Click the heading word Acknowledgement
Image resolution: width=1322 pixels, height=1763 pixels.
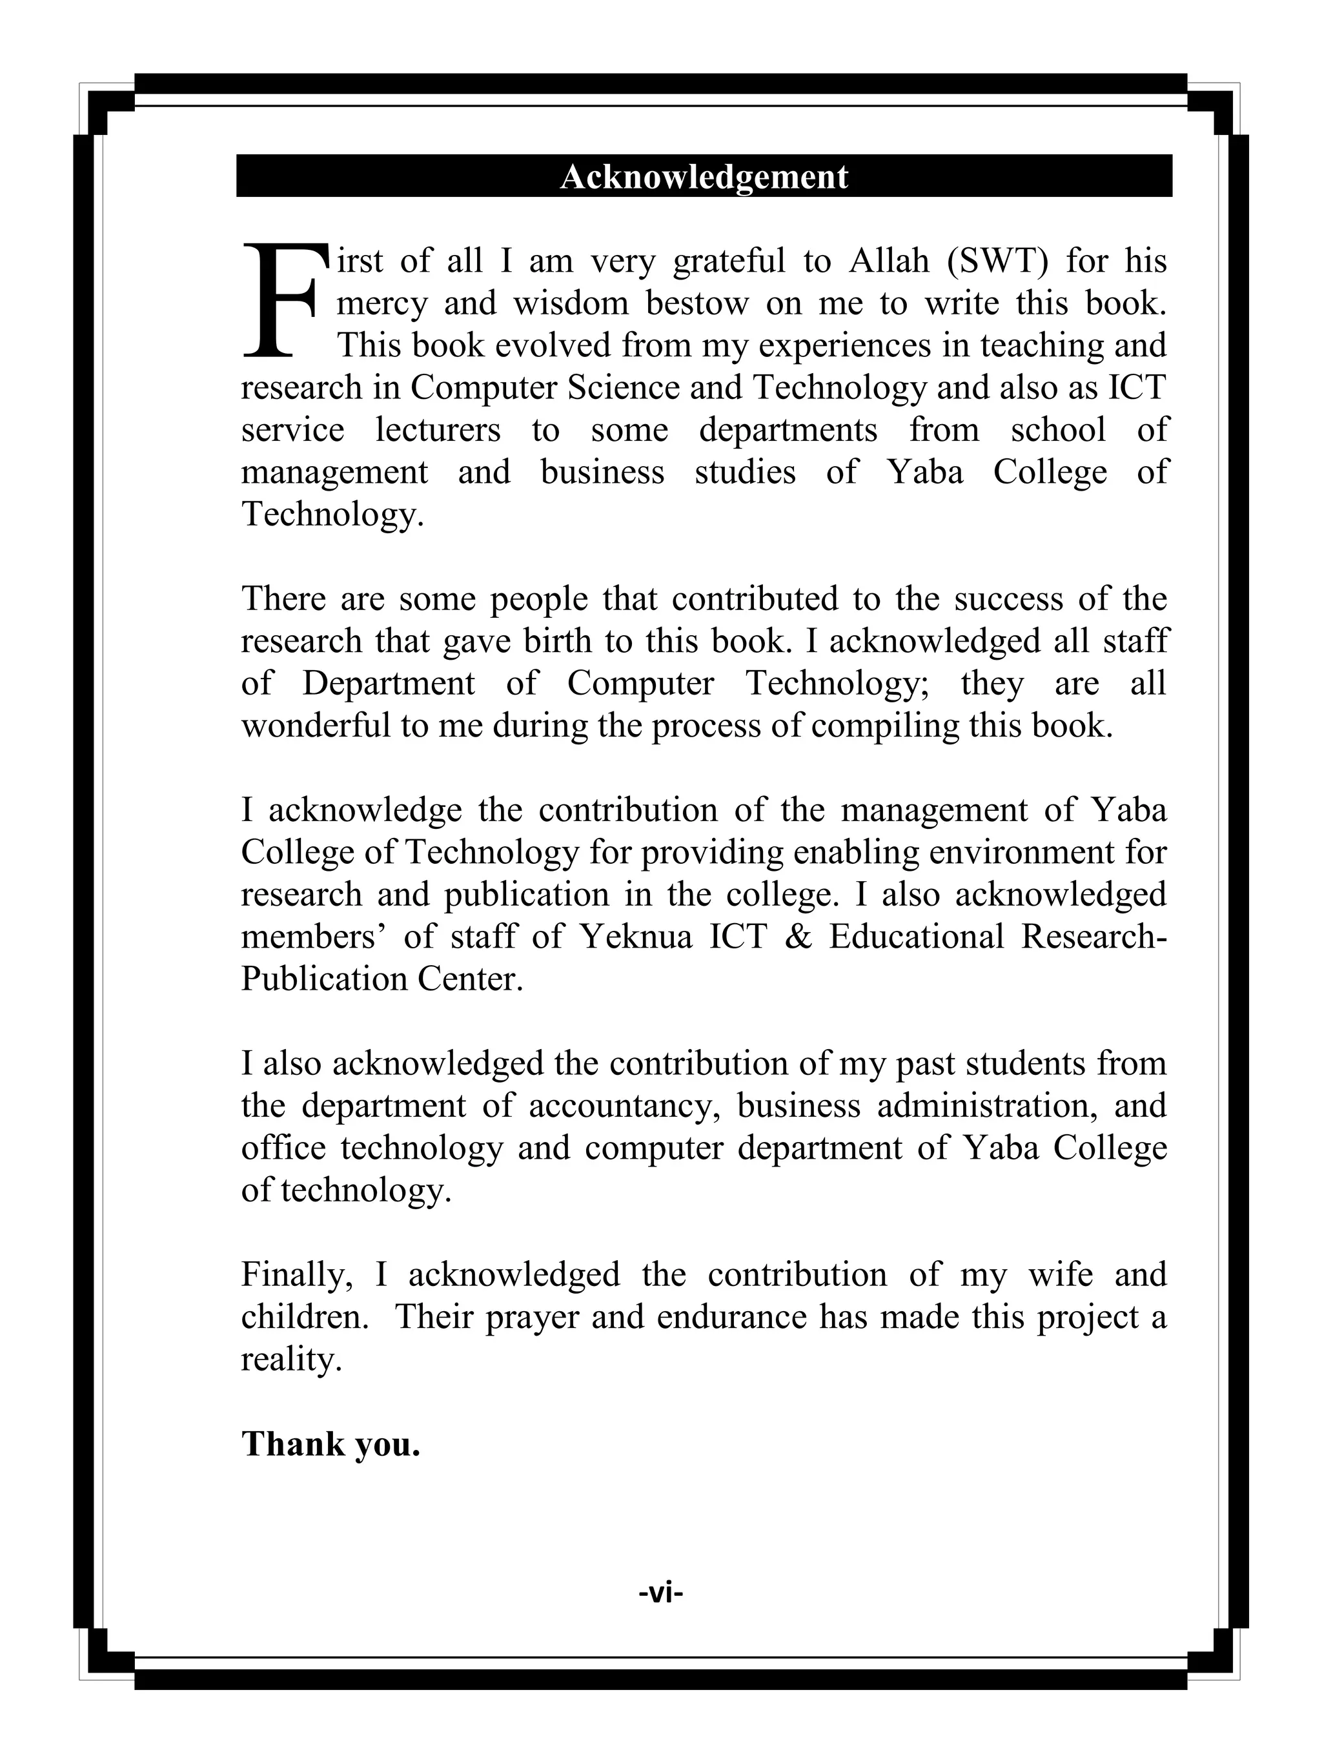(704, 176)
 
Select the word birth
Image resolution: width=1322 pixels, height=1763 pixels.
(558, 642)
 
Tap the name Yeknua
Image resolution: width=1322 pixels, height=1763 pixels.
(636, 937)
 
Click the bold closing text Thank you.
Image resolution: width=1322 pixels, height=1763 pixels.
(330, 1444)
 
